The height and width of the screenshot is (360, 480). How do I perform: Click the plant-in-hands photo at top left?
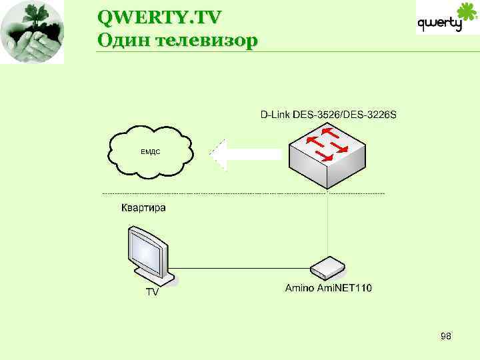pos(32,32)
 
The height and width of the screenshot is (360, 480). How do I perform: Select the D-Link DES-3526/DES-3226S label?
pos(328,115)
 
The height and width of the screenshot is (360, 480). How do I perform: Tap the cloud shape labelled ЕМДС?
pos(150,151)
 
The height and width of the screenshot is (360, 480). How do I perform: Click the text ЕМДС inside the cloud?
pos(150,152)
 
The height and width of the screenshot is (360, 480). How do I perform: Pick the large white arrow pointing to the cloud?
pos(243,155)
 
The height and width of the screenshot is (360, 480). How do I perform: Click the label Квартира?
pos(143,208)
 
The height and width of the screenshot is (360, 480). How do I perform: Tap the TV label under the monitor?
pos(153,291)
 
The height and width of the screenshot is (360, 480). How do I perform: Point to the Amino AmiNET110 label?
pos(329,289)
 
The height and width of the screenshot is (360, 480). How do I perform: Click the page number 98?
pos(446,337)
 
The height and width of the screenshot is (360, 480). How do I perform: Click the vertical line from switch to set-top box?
pos(327,223)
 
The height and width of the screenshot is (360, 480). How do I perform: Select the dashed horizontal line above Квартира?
pos(243,193)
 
